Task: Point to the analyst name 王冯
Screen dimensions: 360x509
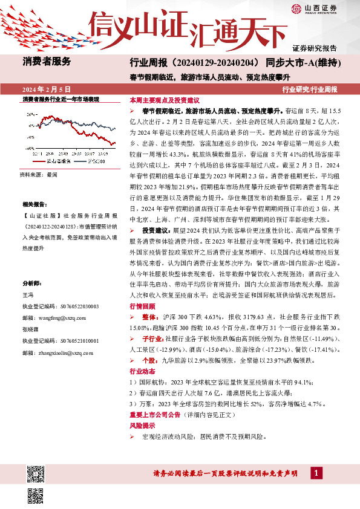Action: (x=28, y=294)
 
